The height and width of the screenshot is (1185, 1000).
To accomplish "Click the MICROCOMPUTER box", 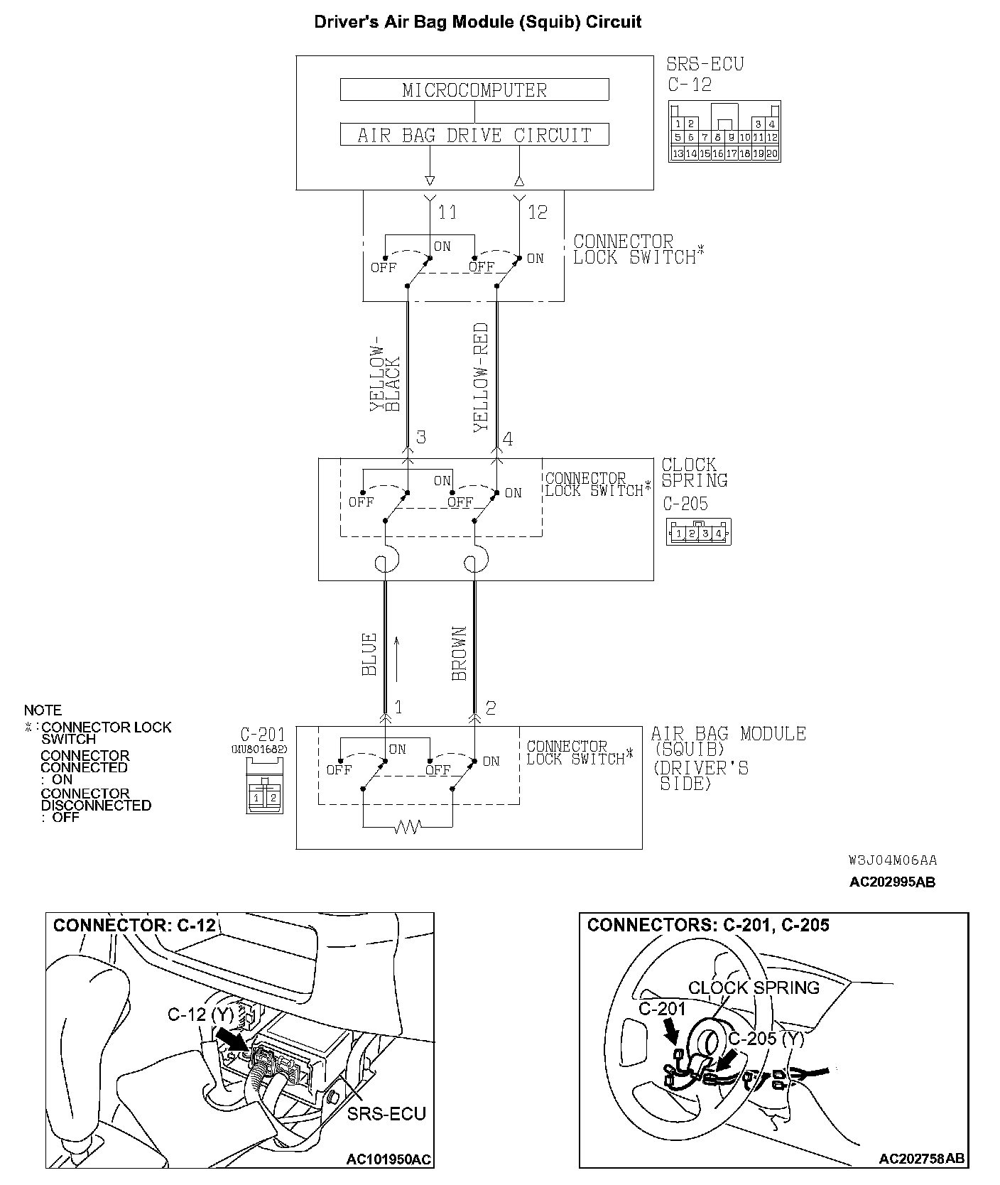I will tap(474, 90).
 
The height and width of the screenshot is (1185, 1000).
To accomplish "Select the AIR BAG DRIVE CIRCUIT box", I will tap(474, 135).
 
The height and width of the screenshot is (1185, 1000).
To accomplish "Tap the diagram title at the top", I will tap(477, 22).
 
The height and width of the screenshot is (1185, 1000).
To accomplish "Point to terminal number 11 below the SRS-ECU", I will tap(447, 212).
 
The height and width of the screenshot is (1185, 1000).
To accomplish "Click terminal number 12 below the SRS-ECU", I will tap(538, 212).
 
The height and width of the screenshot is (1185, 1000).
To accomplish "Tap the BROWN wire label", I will tap(460, 654).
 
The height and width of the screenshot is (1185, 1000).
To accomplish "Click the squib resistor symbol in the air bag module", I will tap(407, 827).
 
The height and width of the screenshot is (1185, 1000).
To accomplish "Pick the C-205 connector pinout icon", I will tap(698, 532).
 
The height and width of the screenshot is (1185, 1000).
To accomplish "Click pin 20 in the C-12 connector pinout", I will tap(772, 153).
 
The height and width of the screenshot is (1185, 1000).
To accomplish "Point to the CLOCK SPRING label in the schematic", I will tap(694, 472).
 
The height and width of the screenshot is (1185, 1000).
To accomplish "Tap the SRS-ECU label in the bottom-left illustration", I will tap(386, 1113).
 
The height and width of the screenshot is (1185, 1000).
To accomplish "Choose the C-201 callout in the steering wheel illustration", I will tap(662, 1009).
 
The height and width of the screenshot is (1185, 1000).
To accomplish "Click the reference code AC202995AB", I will tap(892, 882).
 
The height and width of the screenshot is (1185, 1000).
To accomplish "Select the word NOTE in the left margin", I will tap(43, 710).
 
